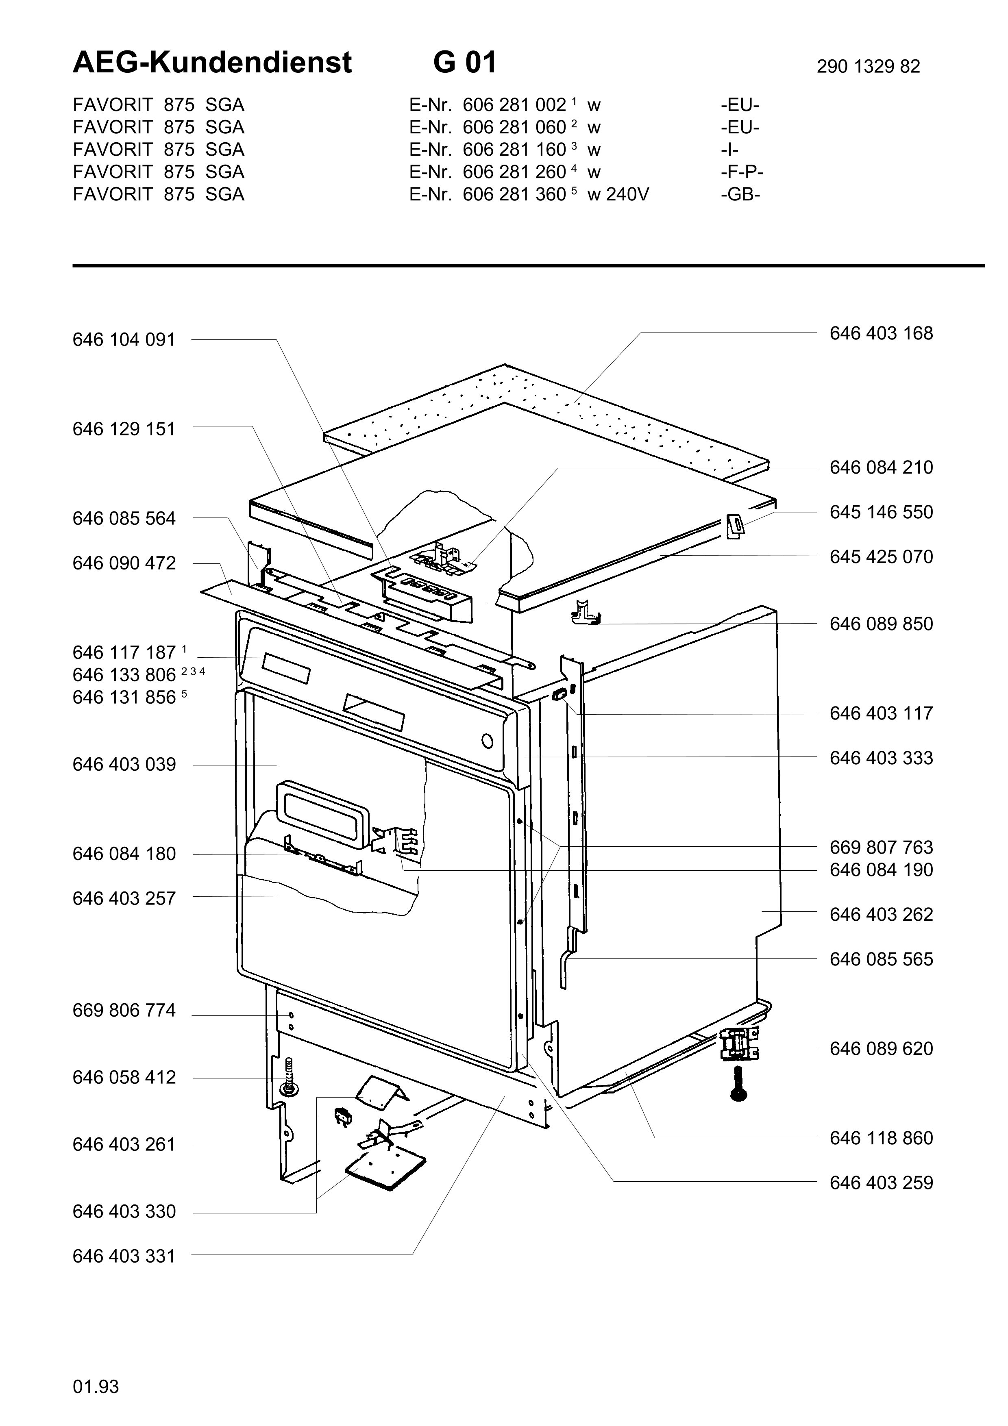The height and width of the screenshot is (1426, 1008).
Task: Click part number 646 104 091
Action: point(124,340)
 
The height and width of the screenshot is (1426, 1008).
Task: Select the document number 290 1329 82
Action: point(868,66)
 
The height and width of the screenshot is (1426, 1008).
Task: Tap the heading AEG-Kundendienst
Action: point(212,63)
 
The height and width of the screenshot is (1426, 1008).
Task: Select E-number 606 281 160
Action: point(514,150)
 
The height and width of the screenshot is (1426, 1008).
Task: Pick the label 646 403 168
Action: point(881,333)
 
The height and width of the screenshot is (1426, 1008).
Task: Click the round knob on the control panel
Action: point(487,741)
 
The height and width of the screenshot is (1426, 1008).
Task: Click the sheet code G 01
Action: point(465,63)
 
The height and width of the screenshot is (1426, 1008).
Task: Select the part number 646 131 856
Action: point(124,698)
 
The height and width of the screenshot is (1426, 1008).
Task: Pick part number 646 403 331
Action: point(124,1256)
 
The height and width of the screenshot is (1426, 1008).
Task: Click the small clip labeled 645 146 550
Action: point(735,526)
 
